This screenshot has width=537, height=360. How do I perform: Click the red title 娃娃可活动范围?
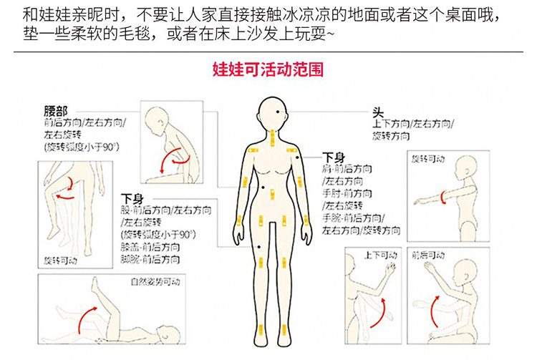268,70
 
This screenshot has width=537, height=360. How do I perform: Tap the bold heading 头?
377,112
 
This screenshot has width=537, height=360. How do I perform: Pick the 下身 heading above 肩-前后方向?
334,157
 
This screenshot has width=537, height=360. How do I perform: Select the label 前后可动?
427,255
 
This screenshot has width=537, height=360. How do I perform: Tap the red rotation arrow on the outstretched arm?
446,195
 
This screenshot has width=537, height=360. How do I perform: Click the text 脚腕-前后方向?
150,258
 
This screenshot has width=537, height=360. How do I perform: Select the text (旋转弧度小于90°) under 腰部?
81,147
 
